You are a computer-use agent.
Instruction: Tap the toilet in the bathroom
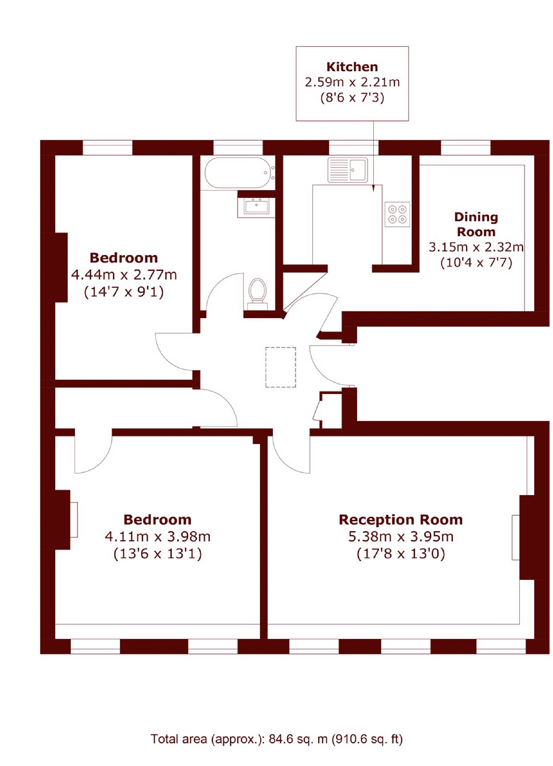[258, 294]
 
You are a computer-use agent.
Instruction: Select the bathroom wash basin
[256, 207]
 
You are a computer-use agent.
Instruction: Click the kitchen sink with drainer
[347, 170]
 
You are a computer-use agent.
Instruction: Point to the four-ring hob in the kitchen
[397, 214]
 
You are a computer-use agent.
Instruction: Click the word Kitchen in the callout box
[352, 67]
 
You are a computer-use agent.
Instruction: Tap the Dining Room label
[476, 224]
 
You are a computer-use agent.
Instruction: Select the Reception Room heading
[401, 519]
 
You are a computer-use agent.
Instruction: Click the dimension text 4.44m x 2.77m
[124, 275]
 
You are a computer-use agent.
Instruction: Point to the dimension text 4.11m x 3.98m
[157, 536]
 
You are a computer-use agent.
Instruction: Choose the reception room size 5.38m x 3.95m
[401, 536]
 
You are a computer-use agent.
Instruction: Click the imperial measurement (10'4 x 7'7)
[476, 262]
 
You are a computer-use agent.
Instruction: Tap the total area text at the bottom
[276, 739]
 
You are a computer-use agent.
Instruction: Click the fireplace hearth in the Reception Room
[516, 537]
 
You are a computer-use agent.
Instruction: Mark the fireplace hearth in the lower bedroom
[74, 519]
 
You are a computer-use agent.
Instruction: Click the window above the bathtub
[238, 148]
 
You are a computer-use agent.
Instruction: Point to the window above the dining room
[466, 148]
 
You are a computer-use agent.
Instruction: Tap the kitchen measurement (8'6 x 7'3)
[352, 98]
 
